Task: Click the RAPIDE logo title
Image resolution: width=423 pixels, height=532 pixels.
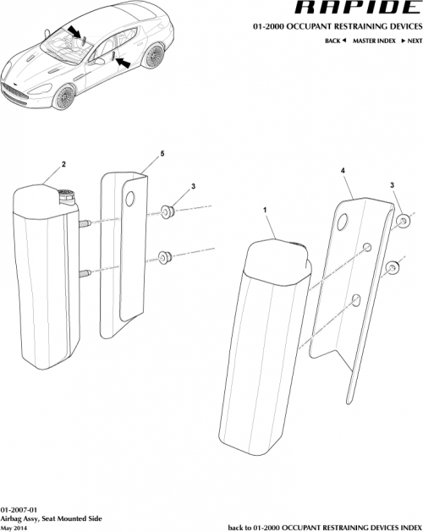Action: (353, 9)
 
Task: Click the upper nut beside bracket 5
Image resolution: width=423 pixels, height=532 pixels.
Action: (167, 210)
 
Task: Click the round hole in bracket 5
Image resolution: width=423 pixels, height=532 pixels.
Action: (129, 200)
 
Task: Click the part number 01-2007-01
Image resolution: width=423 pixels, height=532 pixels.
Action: (19, 505)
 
